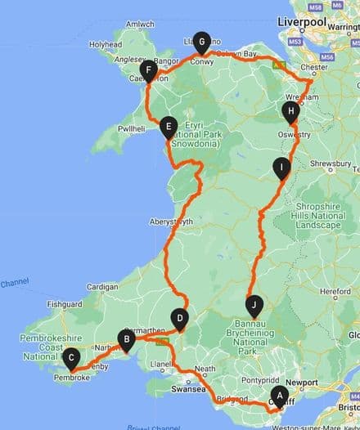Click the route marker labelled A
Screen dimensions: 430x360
click(279, 396)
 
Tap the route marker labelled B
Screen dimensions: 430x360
click(127, 338)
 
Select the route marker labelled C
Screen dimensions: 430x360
click(72, 356)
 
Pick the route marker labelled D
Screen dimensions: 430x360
click(180, 318)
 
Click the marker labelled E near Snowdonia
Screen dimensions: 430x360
click(169, 125)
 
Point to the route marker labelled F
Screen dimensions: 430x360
click(148, 70)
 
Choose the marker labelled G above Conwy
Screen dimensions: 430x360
click(200, 43)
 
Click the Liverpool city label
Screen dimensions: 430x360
click(302, 20)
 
